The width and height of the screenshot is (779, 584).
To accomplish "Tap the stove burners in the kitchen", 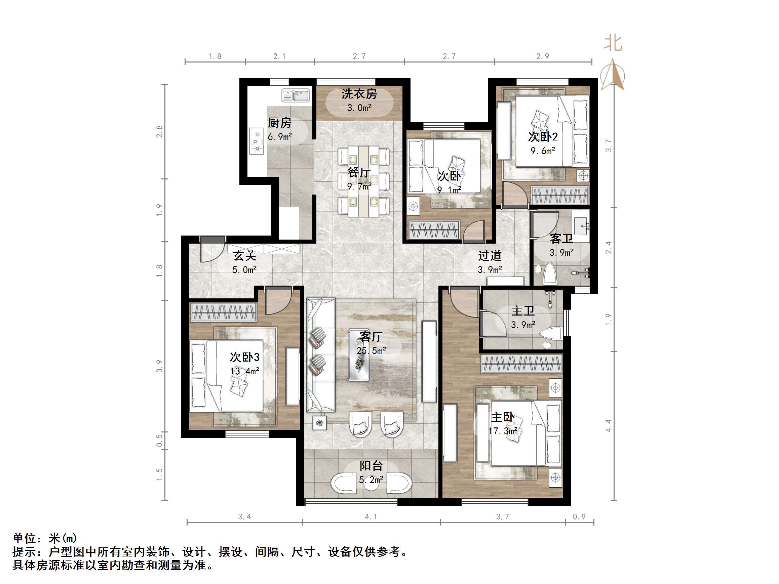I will (257, 141).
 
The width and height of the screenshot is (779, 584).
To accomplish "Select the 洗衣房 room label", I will (359, 94).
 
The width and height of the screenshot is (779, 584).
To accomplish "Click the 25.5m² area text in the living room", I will (371, 350).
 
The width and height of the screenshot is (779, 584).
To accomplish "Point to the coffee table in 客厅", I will (358, 355).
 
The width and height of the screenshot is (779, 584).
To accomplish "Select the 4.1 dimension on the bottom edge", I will (371, 517).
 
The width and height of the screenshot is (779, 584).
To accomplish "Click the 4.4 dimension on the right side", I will (609, 426).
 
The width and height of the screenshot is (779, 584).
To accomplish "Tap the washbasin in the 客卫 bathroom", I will (581, 225).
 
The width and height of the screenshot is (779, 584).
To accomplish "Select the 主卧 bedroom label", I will (503, 417).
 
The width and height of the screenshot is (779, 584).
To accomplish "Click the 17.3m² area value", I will (503, 431).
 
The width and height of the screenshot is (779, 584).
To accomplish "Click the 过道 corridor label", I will (490, 256).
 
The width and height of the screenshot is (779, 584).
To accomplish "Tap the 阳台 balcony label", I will (371, 466).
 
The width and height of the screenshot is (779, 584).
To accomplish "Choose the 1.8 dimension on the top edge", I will (215, 56).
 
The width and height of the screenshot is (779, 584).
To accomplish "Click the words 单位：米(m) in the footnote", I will (45, 538).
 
